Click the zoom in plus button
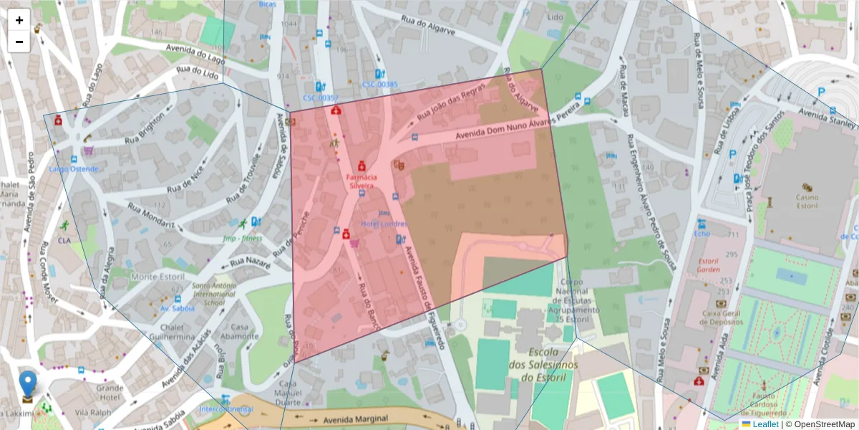point(19,20)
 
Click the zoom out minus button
point(19,42)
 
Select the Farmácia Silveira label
point(361,181)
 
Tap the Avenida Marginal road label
point(355,419)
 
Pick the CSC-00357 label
point(320,97)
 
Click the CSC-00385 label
point(379,84)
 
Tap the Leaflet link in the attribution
point(765,424)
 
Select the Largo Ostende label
point(74,169)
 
